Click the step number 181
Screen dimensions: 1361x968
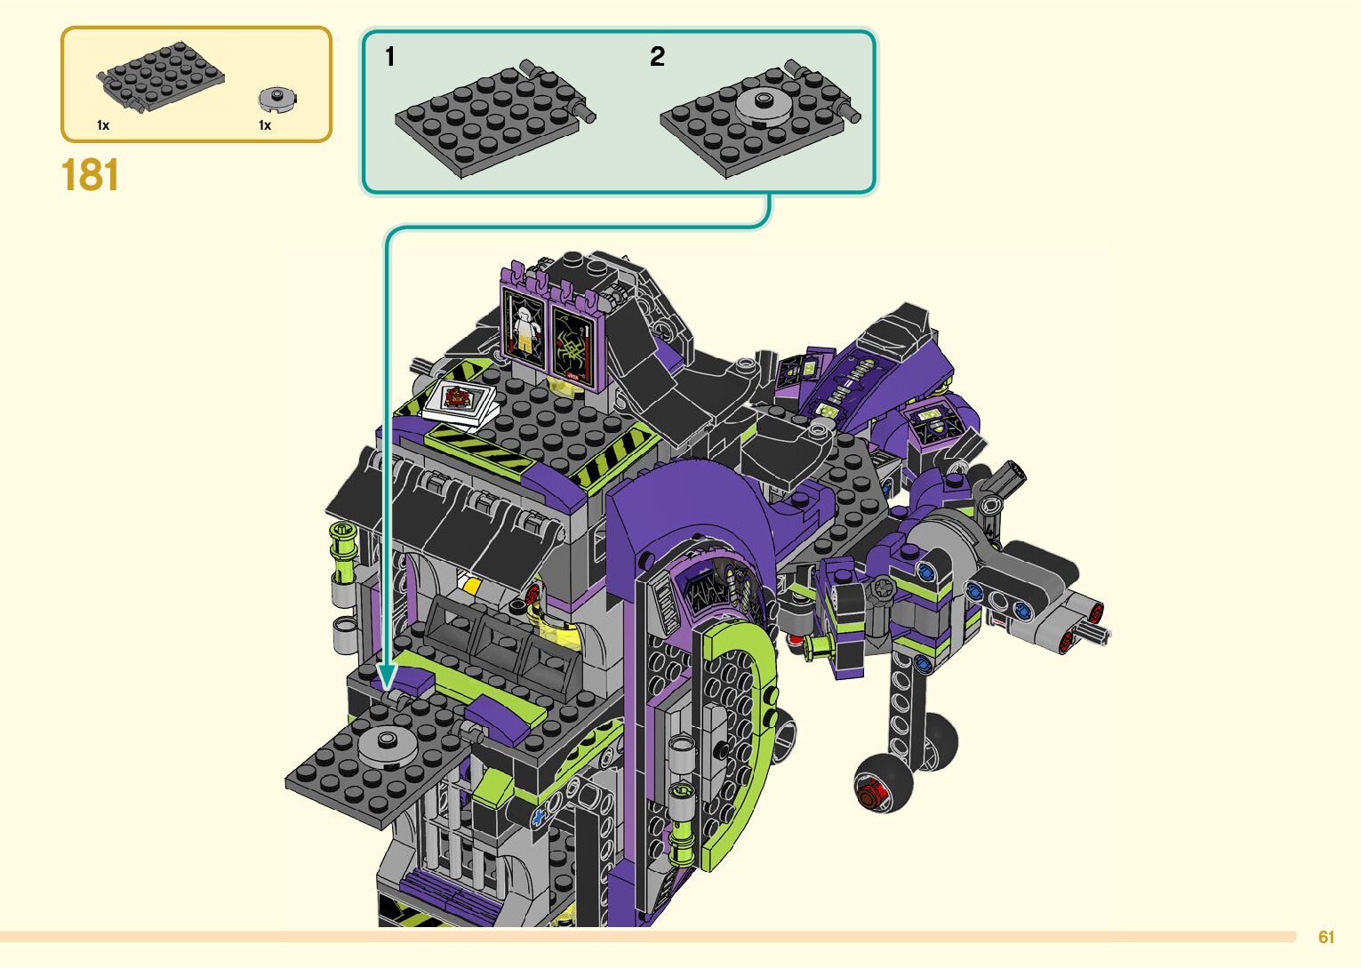click(90, 175)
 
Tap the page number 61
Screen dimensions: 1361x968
click(1326, 937)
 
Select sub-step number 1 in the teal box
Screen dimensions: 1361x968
click(390, 57)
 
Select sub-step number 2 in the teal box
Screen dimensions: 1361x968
click(658, 57)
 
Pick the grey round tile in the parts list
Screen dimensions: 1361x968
click(277, 100)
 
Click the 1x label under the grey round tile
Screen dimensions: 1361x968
click(265, 125)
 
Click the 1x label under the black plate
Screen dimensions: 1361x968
click(103, 125)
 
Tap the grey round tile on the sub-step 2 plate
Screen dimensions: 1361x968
click(763, 107)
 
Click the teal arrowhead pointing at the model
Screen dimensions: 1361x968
click(387, 676)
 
